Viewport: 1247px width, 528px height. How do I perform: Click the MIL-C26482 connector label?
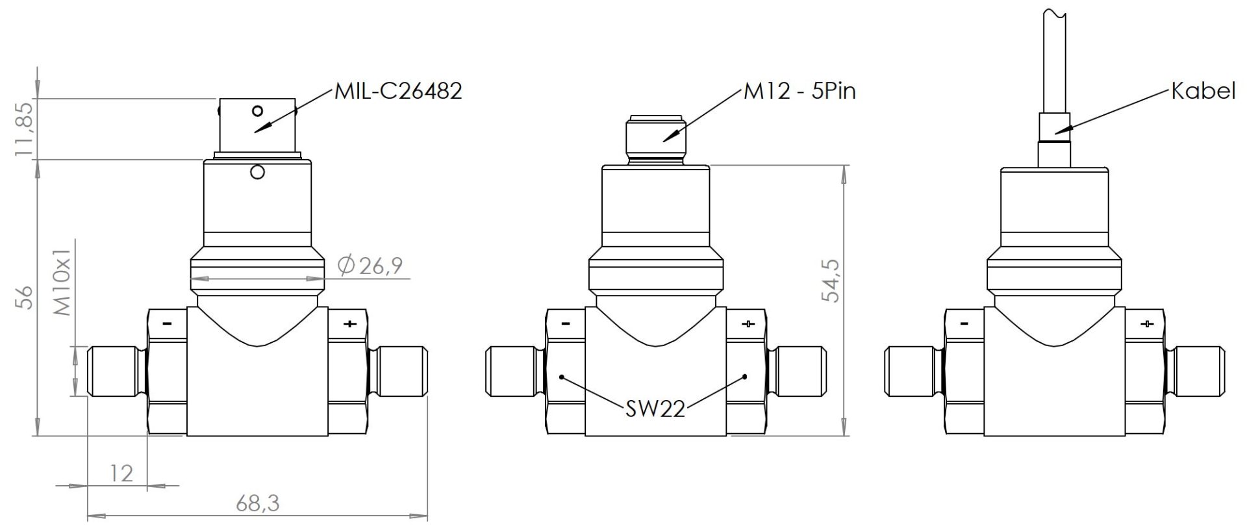point(397,91)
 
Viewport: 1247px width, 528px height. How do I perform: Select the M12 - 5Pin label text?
point(800,92)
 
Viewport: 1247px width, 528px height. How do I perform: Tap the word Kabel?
point(1203,91)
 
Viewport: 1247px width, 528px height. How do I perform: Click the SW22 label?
point(655,409)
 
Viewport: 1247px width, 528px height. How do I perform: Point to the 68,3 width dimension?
point(257,502)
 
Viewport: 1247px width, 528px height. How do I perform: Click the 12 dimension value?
point(121,473)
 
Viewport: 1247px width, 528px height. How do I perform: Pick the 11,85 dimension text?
point(24,129)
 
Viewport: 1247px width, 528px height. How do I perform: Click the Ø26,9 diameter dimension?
point(371,265)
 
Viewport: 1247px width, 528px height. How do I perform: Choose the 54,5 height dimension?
point(831,280)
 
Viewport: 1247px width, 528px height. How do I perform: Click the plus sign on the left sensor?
point(349,323)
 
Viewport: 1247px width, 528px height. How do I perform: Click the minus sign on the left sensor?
point(167,323)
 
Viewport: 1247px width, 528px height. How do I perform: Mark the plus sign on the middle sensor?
point(748,323)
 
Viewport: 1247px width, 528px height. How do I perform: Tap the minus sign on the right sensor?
point(964,323)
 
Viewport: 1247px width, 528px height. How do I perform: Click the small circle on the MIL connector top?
point(258,110)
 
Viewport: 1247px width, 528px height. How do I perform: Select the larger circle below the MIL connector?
point(257,172)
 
